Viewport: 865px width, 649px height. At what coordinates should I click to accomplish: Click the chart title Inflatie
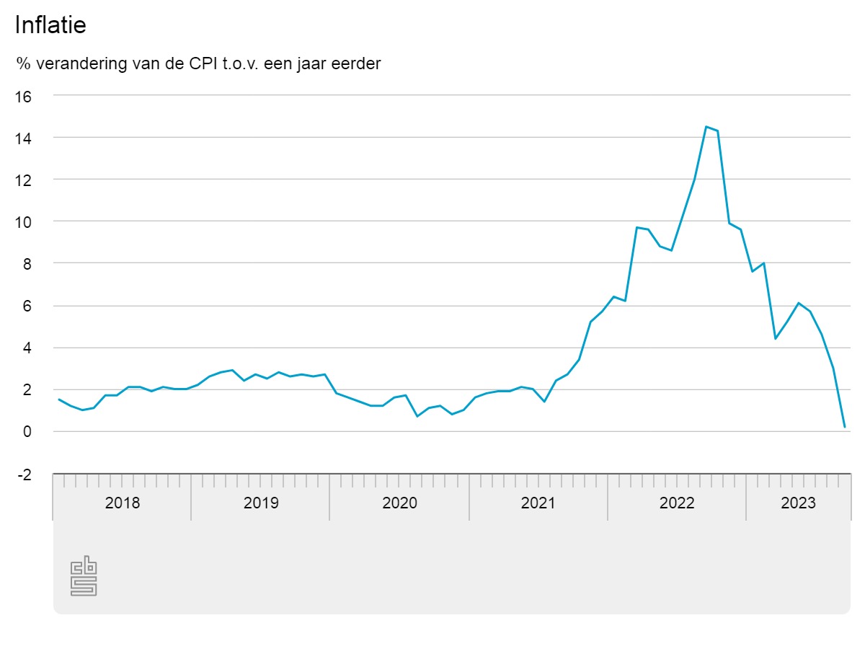click(x=50, y=25)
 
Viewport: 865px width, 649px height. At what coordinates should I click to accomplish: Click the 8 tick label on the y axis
click(x=27, y=264)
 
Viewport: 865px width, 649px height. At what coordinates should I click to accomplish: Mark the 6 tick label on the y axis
click(x=27, y=306)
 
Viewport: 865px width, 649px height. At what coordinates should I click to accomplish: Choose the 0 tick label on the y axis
click(x=27, y=432)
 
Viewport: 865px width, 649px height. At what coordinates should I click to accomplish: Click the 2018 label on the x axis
click(x=123, y=503)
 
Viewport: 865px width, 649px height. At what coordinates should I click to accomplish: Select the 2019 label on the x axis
click(x=261, y=503)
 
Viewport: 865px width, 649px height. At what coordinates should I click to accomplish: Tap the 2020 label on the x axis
click(x=399, y=503)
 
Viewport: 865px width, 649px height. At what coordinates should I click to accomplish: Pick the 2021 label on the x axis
click(x=538, y=503)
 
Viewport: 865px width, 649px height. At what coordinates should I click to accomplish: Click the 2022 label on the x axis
click(x=677, y=503)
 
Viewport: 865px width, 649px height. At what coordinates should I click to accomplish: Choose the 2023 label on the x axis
click(x=799, y=503)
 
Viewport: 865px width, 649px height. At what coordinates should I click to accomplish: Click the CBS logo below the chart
click(x=84, y=575)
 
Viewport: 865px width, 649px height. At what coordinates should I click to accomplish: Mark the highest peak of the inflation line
click(x=706, y=127)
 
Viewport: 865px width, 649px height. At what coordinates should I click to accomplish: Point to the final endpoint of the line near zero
click(x=844, y=427)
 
